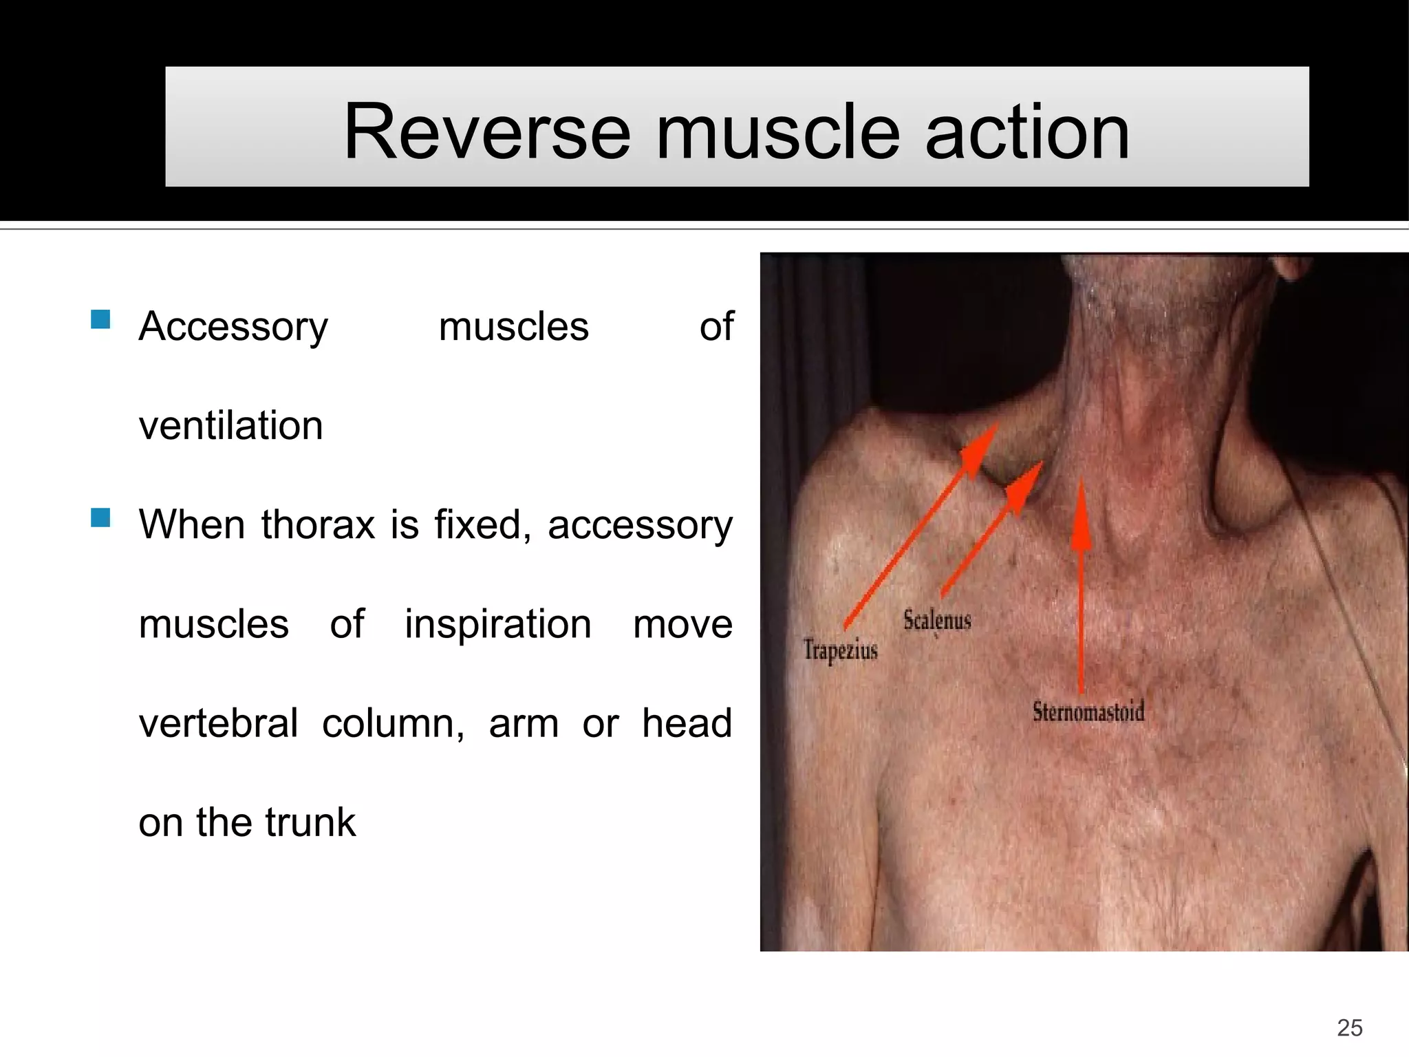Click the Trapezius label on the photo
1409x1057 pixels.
pos(840,650)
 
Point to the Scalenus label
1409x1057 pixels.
pos(937,620)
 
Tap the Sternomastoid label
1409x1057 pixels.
pos(1088,711)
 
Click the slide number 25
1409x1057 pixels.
pos(1349,1027)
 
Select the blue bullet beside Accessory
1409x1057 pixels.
pos(100,320)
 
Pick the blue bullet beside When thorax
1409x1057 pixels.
pos(100,517)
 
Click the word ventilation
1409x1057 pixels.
pos(230,425)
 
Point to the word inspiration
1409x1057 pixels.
pos(497,624)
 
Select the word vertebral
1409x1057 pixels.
pos(218,723)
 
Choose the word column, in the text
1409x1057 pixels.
pos(394,723)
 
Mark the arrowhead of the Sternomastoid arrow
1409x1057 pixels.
pos(1082,513)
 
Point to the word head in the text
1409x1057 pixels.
pos(687,723)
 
